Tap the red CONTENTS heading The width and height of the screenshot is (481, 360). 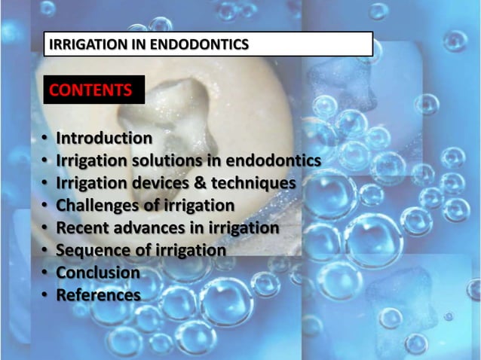pyautogui.click(x=90, y=91)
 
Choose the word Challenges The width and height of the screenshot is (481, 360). pyautogui.click(x=97, y=206)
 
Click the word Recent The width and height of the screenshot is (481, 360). pyautogui.click(x=82, y=227)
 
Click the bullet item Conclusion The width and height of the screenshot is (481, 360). pyautogui.click(x=98, y=273)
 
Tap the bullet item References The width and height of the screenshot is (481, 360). pyautogui.click(x=98, y=295)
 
